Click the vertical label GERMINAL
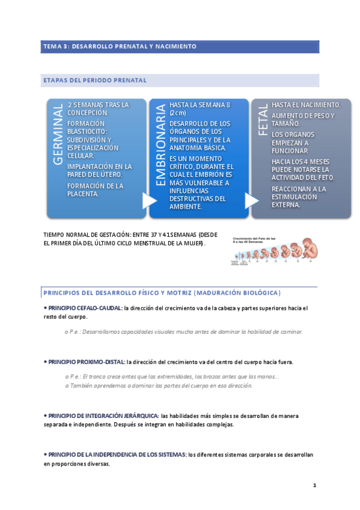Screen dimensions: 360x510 (x=58, y=135)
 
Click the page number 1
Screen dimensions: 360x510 (x=314, y=485)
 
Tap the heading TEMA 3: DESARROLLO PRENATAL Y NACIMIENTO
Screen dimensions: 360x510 (x=119, y=46)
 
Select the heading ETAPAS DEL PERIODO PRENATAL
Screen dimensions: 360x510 (x=94, y=80)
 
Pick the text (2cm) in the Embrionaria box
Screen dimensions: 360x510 (x=178, y=113)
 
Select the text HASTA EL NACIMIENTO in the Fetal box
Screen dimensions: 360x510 (x=306, y=105)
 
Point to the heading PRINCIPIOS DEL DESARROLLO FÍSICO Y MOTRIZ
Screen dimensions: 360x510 (x=161, y=293)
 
